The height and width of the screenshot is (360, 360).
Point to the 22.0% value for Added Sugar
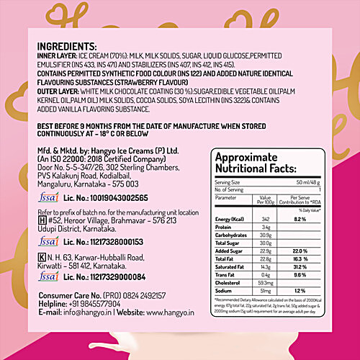(301, 250)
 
